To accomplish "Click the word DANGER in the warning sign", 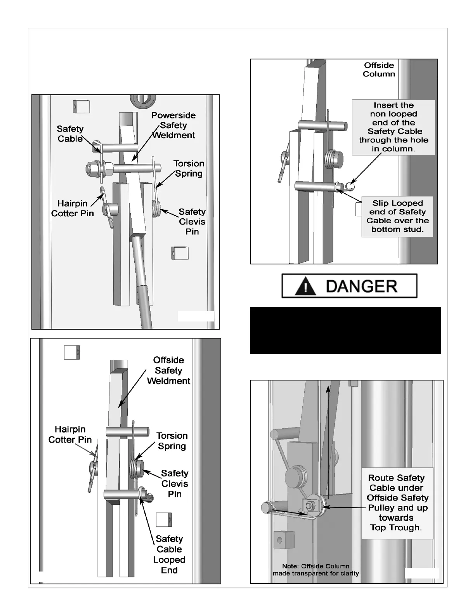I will pyautogui.click(x=361, y=287).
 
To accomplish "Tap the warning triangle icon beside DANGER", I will pyautogui.click(x=305, y=287).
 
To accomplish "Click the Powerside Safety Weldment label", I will pyautogui.click(x=173, y=125).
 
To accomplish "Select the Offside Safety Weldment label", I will pyautogui.click(x=168, y=370).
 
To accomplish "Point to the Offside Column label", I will pyautogui.click(x=379, y=69).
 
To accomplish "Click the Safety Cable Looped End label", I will pyautogui.click(x=169, y=554).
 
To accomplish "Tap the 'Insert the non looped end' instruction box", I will pyautogui.click(x=394, y=127).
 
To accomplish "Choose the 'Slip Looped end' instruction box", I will pyautogui.click(x=397, y=216).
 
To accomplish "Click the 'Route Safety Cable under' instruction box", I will pyautogui.click(x=397, y=503).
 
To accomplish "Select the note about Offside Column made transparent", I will pyautogui.click(x=316, y=570).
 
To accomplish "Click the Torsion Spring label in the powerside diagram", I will pyautogui.click(x=189, y=169).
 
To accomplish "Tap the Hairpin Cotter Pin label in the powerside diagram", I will pyautogui.click(x=73, y=208).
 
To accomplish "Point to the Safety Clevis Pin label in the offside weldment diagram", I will pyautogui.click(x=175, y=483).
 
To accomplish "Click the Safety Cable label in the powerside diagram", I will pyautogui.click(x=70, y=134).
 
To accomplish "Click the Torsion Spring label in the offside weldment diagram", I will pyautogui.click(x=172, y=441).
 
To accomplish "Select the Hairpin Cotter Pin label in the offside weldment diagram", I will pyautogui.click(x=70, y=434).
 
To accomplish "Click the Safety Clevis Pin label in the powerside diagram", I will pyautogui.click(x=192, y=221).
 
